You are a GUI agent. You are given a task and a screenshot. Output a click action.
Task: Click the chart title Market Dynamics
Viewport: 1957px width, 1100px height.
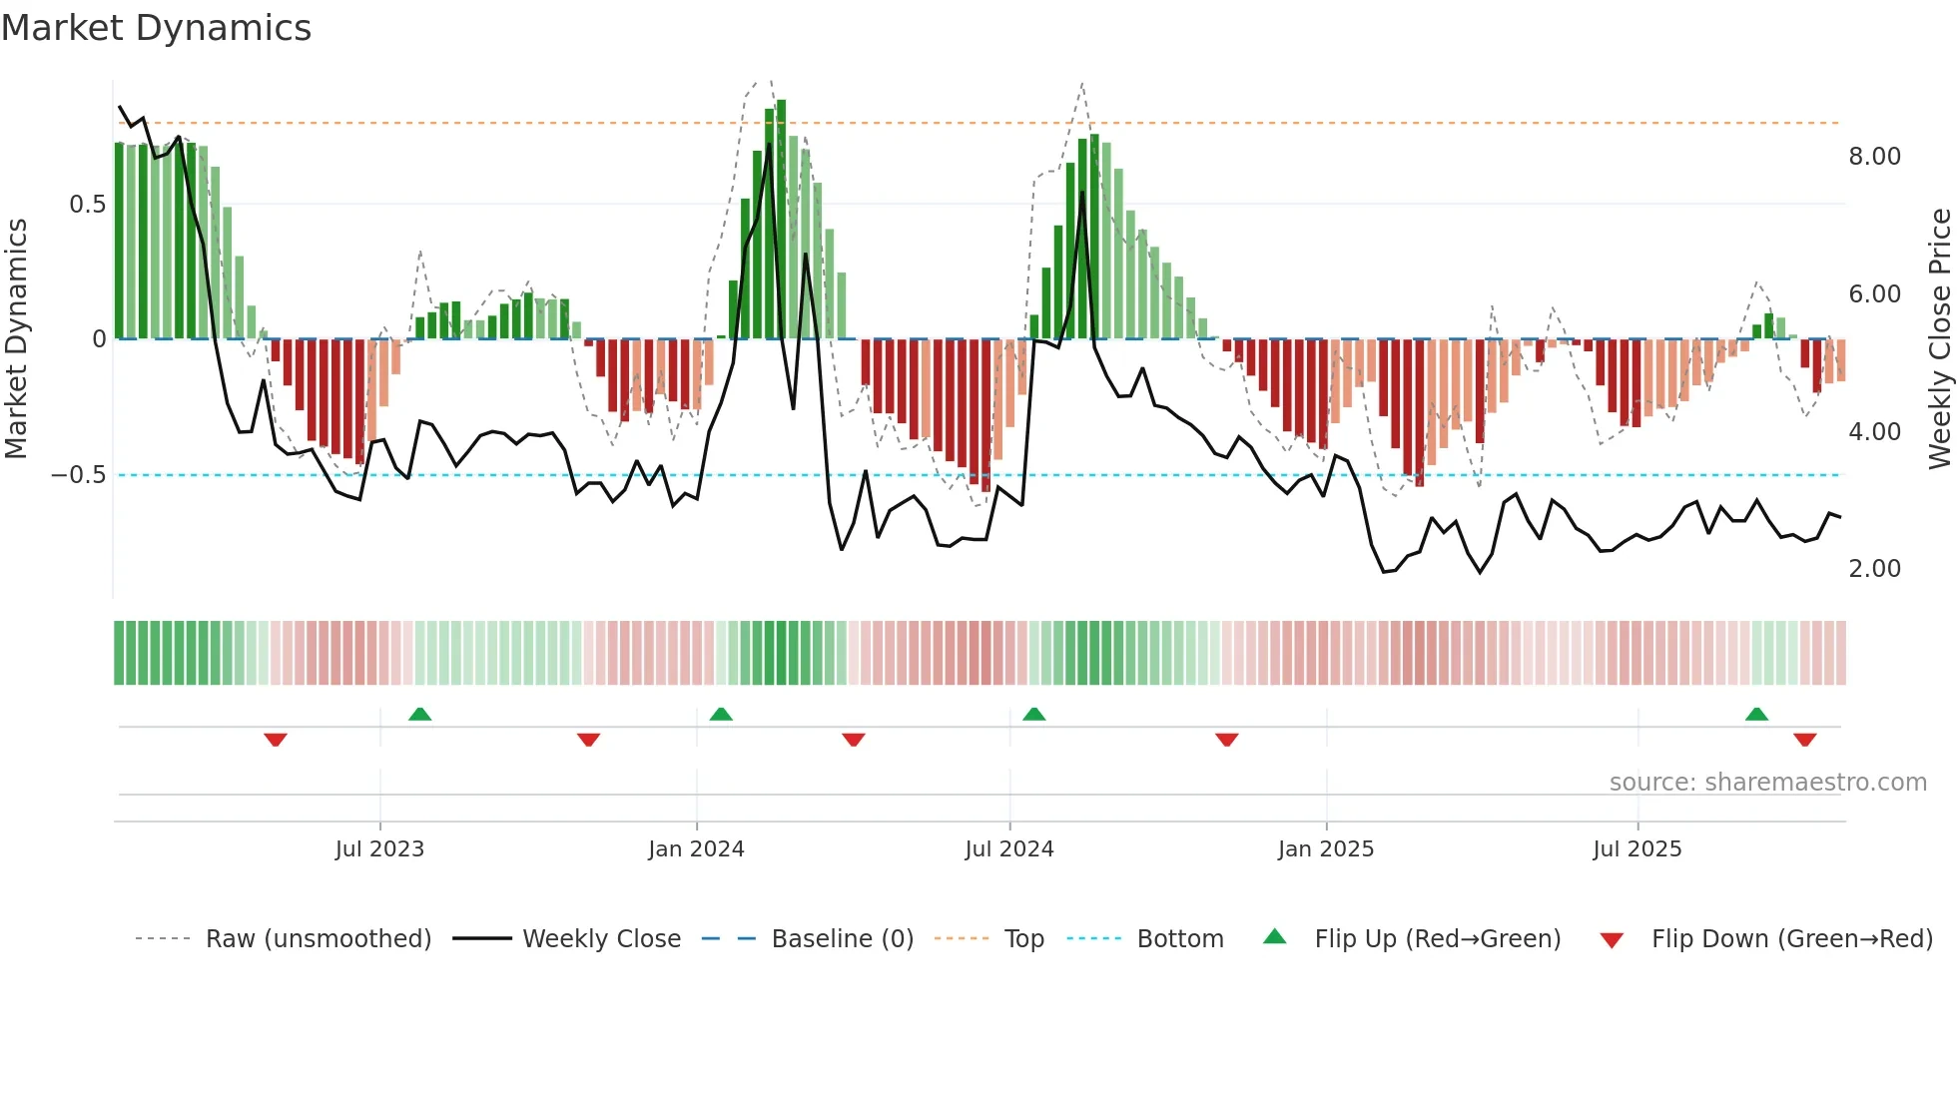[x=156, y=28]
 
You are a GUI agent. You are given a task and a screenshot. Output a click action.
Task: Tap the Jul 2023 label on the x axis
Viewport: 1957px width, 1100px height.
[x=379, y=849]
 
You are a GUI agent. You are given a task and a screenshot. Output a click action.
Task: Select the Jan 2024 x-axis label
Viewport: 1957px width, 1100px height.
[x=696, y=849]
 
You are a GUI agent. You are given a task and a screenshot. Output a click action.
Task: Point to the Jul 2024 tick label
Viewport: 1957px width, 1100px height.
[x=1009, y=849]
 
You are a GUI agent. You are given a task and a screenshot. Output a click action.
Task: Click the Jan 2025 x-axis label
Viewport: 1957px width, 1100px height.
[x=1326, y=849]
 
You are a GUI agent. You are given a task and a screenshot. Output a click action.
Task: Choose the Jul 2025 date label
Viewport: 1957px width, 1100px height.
[x=1637, y=849]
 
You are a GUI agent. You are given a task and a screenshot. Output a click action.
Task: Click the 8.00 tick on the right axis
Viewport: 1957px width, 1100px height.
[x=1874, y=157]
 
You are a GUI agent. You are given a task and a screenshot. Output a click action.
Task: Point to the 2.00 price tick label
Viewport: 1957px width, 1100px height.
[x=1874, y=569]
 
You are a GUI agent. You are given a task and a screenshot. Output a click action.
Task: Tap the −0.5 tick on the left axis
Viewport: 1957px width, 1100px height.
[x=79, y=475]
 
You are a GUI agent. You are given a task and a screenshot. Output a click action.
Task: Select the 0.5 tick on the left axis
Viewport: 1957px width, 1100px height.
[x=87, y=205]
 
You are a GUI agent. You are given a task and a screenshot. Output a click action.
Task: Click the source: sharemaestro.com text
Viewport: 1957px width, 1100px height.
[x=1767, y=783]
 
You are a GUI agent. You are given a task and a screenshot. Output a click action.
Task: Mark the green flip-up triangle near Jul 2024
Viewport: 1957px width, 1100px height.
[x=1034, y=715]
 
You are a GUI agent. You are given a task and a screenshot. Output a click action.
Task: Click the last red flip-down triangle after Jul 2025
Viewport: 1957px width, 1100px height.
[x=1804, y=740]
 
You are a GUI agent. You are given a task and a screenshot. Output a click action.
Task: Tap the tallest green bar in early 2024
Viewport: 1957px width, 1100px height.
[x=781, y=220]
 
